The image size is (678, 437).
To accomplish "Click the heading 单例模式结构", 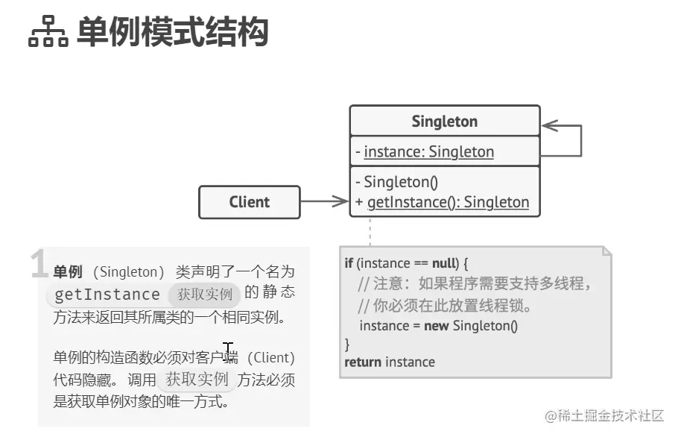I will point(172,33).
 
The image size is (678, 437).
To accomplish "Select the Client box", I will point(249,202).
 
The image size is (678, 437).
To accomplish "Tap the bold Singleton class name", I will point(444,122).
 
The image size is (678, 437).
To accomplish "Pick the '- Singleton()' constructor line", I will point(396,182).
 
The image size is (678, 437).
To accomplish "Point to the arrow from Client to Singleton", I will point(324,201).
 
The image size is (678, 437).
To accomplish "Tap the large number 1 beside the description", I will point(39,265).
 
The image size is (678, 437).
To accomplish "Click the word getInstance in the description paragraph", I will point(107,295).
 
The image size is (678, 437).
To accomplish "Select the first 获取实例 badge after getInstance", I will point(205,294).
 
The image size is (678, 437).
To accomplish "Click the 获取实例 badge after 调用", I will point(197,379).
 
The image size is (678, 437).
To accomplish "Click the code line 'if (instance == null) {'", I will point(405,263).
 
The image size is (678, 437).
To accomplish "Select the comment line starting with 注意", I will point(474,284).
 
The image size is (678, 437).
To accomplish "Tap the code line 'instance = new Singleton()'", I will point(438,325).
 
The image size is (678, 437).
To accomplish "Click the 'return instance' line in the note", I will point(389,362).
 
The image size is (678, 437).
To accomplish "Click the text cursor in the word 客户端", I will point(228,349).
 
